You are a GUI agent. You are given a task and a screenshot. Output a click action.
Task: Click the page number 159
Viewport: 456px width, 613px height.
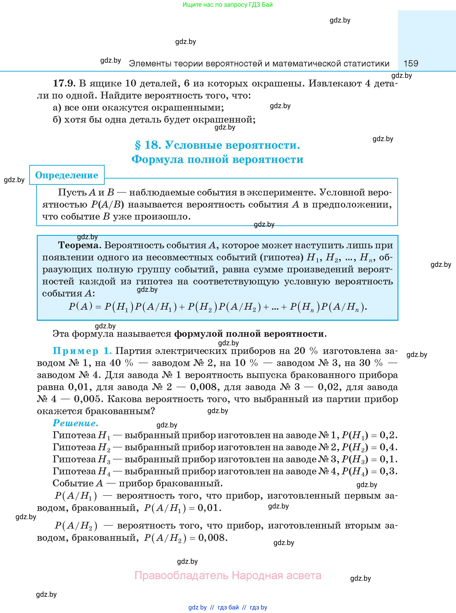click(x=411, y=63)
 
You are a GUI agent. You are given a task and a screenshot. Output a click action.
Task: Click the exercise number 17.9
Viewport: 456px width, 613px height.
click(x=64, y=83)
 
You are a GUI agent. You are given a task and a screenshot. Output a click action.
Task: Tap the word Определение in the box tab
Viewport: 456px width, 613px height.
click(x=67, y=175)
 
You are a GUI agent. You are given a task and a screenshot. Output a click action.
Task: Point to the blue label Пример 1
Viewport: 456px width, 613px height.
click(x=82, y=351)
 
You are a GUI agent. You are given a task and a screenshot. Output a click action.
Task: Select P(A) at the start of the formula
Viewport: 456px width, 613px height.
click(x=80, y=306)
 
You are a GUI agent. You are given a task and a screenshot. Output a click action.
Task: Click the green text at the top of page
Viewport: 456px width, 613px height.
click(x=227, y=5)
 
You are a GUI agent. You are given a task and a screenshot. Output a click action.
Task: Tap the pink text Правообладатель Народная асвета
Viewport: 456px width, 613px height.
click(x=228, y=575)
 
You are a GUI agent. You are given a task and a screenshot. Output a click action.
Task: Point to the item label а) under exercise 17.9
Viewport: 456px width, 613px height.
click(x=57, y=107)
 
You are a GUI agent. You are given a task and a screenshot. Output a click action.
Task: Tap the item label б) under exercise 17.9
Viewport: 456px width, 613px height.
click(x=57, y=120)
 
